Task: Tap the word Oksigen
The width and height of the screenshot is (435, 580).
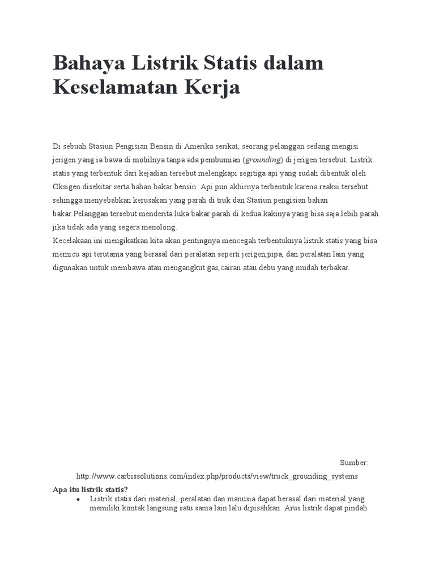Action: pyautogui.click(x=67, y=187)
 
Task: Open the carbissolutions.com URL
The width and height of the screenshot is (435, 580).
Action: pyautogui.click(x=217, y=476)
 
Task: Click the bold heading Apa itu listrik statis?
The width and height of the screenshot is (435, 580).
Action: pyautogui.click(x=90, y=489)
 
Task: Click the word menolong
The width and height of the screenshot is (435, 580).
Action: pyautogui.click(x=161, y=227)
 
